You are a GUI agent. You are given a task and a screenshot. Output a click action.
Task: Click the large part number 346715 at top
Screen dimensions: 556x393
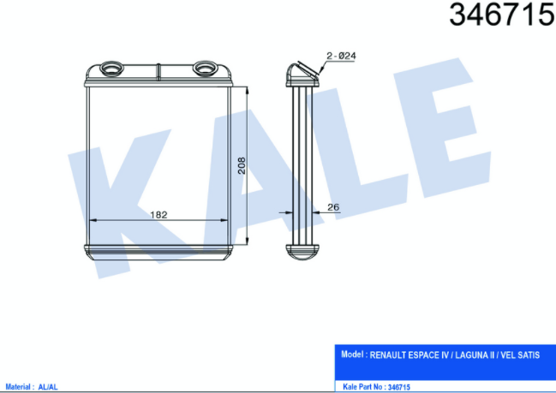(x=502, y=15)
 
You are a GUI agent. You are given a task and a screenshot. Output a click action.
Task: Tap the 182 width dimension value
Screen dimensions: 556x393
(x=158, y=215)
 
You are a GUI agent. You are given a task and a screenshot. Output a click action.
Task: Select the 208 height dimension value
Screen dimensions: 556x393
(x=242, y=165)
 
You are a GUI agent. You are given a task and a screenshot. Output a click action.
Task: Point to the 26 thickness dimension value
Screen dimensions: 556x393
(x=333, y=207)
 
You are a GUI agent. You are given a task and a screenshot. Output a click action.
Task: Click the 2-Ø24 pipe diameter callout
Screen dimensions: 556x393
(x=341, y=56)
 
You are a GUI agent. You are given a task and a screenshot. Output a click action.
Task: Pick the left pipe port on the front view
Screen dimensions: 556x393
(x=111, y=68)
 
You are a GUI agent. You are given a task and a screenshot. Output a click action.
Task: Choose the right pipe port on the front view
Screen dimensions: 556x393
(x=205, y=68)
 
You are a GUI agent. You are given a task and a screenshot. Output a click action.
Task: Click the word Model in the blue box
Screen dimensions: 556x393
(x=352, y=354)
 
